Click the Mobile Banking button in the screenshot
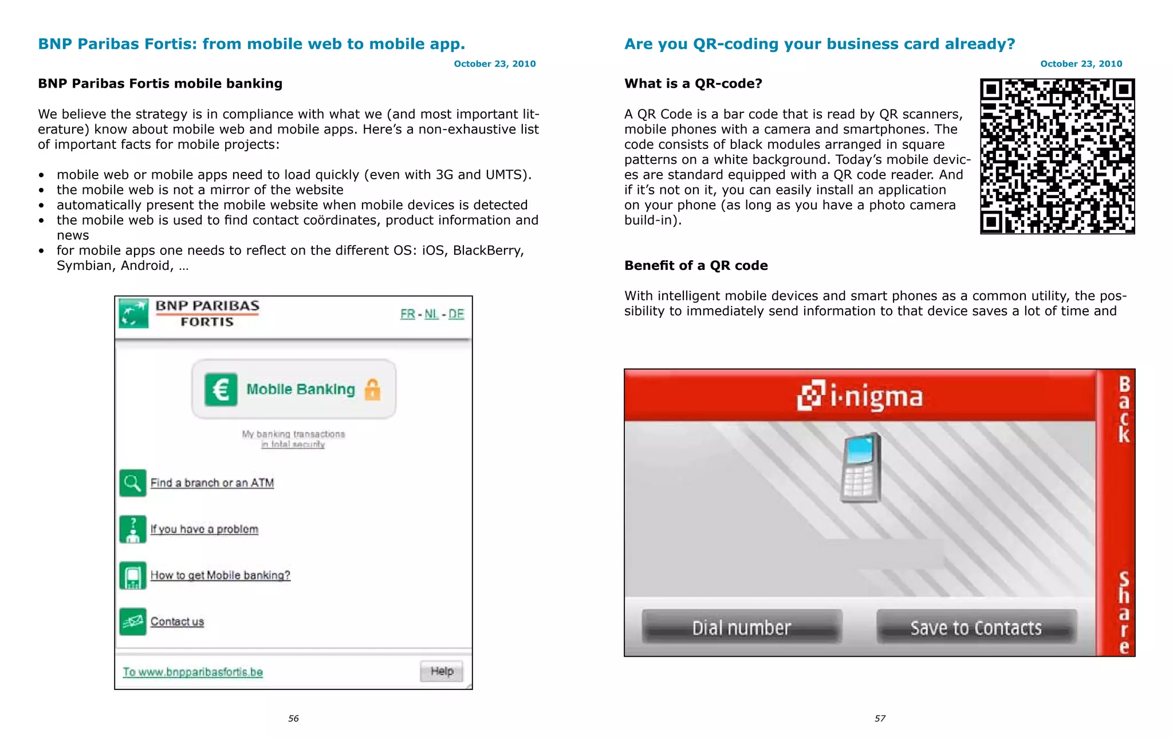pyautogui.click(x=294, y=389)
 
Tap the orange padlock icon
pyautogui.click(x=372, y=390)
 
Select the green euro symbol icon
pyautogui.click(x=221, y=390)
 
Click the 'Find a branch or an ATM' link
pyautogui.click(x=212, y=483)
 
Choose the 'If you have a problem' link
pyautogui.click(x=204, y=529)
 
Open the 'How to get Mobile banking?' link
pyautogui.click(x=220, y=575)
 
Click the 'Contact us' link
pyautogui.click(x=177, y=622)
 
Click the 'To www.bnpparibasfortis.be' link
pyautogui.click(x=192, y=672)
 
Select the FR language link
pyautogui.click(x=407, y=314)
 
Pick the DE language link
pyautogui.click(x=456, y=314)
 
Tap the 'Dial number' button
pyautogui.click(x=742, y=628)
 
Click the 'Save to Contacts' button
pyautogui.click(x=976, y=628)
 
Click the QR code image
pyautogui.click(x=1057, y=156)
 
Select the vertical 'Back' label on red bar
pyautogui.click(x=1124, y=409)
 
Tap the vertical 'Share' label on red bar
pyautogui.click(x=1124, y=613)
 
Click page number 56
pyautogui.click(x=293, y=719)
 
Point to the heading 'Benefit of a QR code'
pyautogui.click(x=696, y=266)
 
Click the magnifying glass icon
pyautogui.click(x=132, y=483)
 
